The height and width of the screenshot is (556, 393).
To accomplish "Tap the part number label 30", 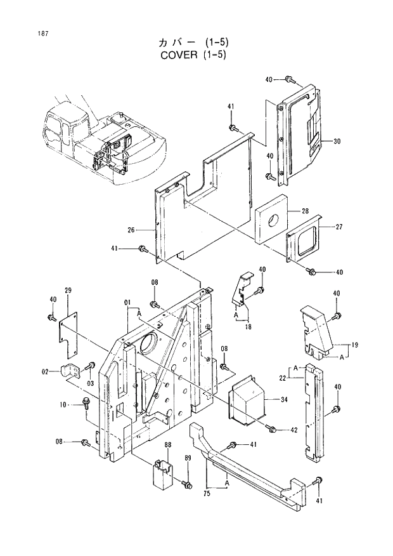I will coord(337,141).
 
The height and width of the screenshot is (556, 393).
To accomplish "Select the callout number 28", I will coord(304,211).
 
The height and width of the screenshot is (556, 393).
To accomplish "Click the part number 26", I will coord(131,230).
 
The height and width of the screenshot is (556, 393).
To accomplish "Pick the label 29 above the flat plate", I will coord(68,290).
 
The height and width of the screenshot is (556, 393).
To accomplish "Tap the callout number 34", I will coord(283,399).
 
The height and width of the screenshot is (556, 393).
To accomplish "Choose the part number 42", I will coord(293,430).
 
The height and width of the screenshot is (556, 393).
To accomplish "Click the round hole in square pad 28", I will coord(273,221).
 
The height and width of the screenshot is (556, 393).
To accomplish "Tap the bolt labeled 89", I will coord(186,484).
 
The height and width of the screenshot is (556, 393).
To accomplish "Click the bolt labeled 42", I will coord(273,430).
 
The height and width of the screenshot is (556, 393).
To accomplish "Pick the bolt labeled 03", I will coord(91,366).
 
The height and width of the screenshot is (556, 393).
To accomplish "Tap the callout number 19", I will coord(355,345).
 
